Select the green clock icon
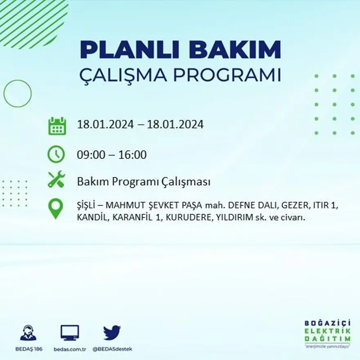56,154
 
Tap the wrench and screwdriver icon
56,179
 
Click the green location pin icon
56,208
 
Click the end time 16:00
133,155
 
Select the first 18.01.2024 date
106,124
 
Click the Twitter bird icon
112,333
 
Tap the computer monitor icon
70,333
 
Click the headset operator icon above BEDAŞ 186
28,333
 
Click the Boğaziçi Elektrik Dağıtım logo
327,334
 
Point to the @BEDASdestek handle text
112,349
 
